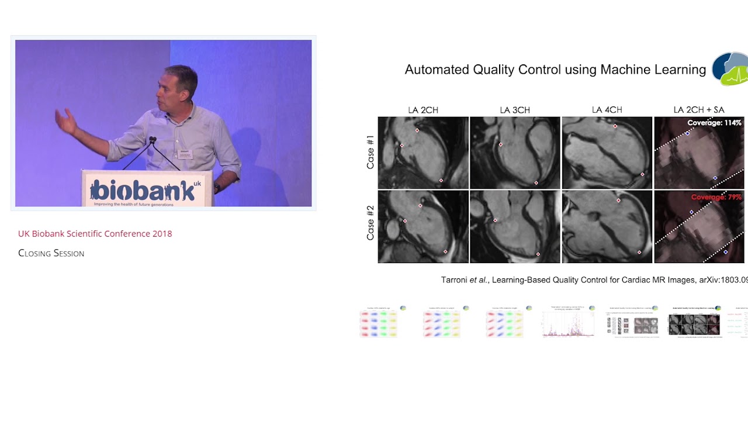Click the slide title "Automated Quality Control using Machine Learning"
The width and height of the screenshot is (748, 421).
point(555,70)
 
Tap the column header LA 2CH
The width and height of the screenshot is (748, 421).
point(423,110)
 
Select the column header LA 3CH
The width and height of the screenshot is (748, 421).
point(515,110)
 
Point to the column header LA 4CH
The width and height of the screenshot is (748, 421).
point(607,110)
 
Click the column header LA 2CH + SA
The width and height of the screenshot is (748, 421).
point(698,110)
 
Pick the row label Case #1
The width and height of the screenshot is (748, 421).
point(370,153)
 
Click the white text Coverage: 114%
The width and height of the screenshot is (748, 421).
point(714,123)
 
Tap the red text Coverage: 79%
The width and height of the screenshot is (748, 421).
point(716,197)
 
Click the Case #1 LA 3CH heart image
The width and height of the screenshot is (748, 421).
point(515,153)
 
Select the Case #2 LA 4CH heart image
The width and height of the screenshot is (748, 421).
point(607,226)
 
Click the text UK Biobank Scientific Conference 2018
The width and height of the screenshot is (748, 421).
point(95,234)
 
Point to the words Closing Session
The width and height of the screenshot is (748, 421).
point(51,253)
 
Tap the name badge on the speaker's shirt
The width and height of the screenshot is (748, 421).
point(185,154)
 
